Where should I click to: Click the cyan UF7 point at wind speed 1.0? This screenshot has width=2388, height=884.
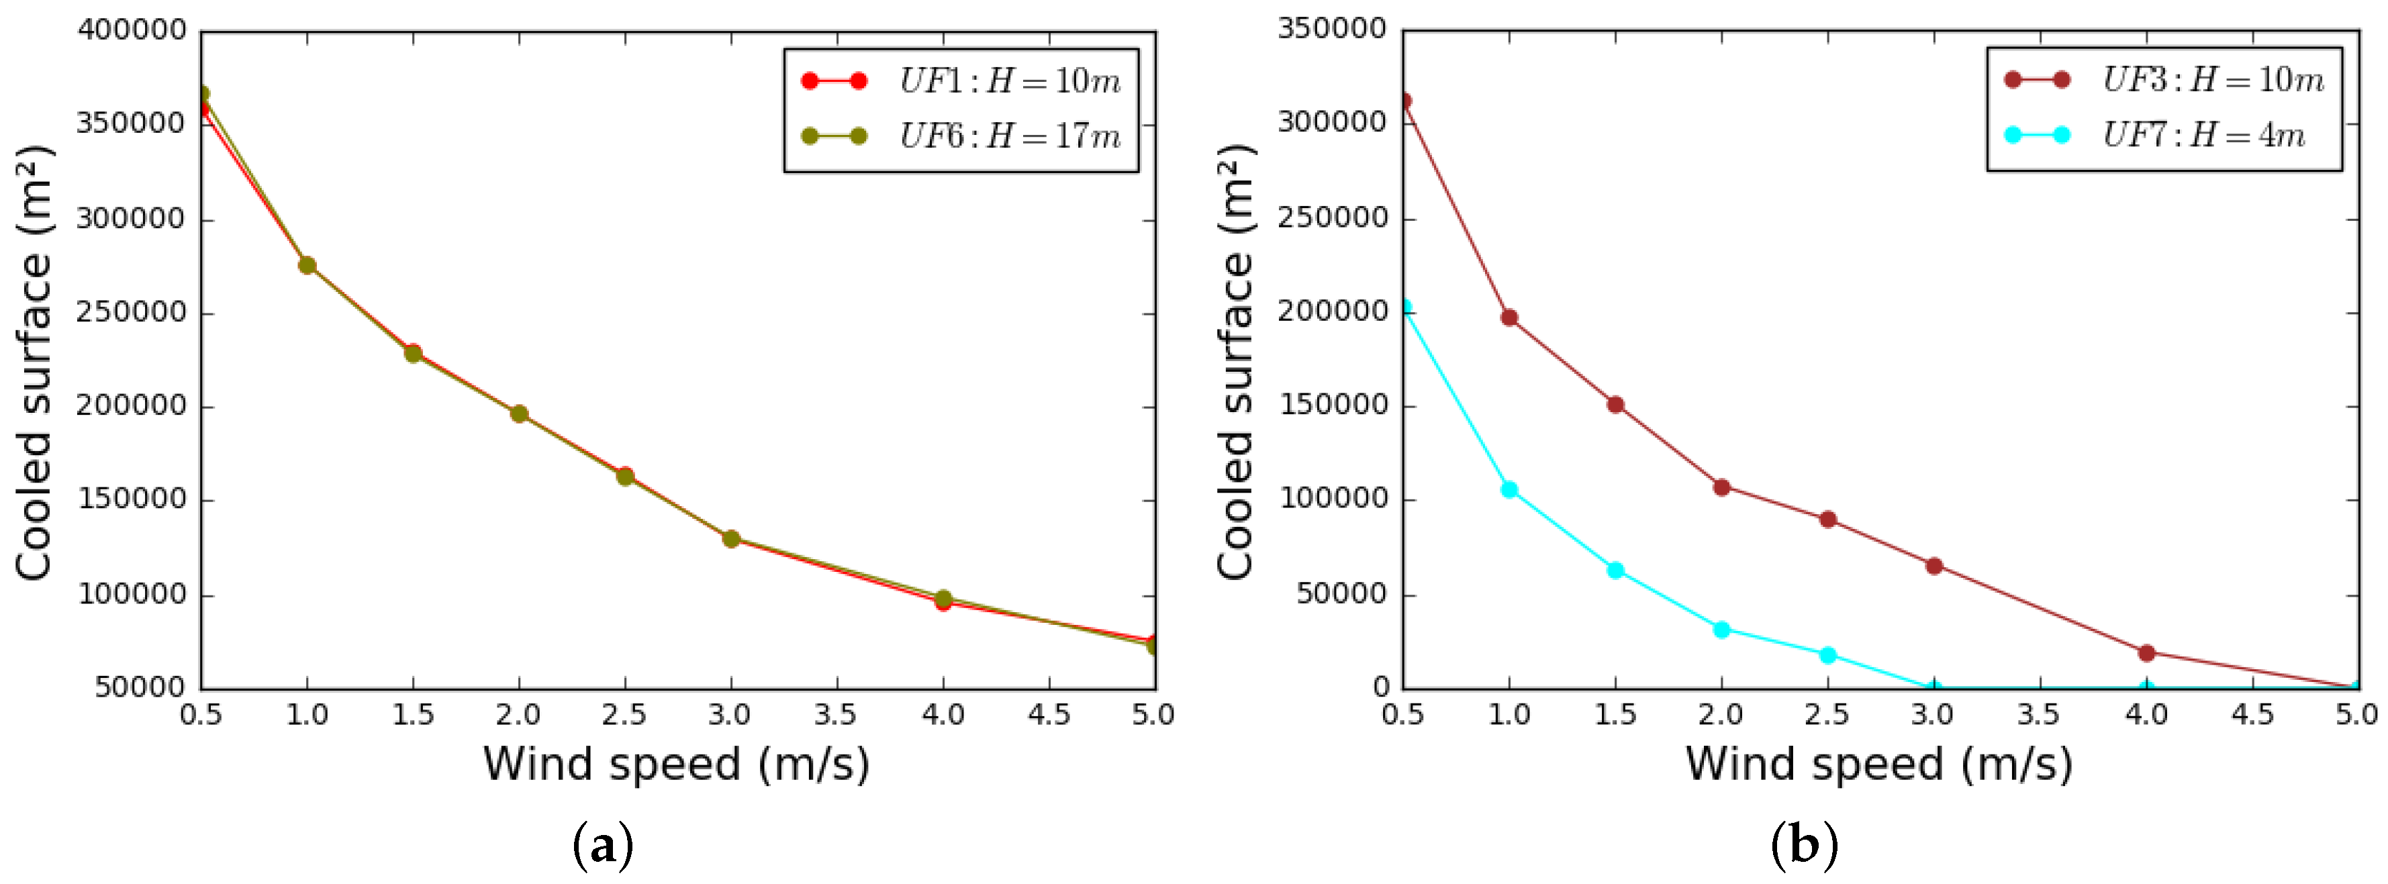click(1509, 489)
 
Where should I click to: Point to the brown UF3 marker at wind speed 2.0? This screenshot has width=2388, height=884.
click(1721, 487)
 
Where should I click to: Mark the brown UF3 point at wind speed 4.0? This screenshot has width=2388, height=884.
click(2146, 653)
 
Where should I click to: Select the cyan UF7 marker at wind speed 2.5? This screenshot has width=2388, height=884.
click(1828, 655)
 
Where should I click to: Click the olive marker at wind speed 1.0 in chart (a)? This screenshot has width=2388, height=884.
click(307, 266)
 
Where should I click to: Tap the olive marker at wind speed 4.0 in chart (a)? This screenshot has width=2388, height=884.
click(943, 599)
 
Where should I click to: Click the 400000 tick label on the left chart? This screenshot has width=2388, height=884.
click(132, 31)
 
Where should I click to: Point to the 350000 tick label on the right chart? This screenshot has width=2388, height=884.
click(1332, 29)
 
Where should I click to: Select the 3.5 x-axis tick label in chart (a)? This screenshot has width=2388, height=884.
click(837, 714)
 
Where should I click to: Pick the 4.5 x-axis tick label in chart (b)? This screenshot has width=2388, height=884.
click(2252, 714)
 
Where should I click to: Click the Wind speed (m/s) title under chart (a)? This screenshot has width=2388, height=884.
click(677, 765)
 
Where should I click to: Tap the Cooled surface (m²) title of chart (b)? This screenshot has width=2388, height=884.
click(1236, 361)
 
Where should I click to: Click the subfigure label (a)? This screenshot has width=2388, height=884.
click(604, 845)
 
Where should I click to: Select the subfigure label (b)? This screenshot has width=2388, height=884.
click(1804, 845)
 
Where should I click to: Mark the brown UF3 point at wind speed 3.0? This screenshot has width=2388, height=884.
click(1933, 566)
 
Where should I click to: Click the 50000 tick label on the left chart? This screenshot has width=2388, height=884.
click(140, 687)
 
